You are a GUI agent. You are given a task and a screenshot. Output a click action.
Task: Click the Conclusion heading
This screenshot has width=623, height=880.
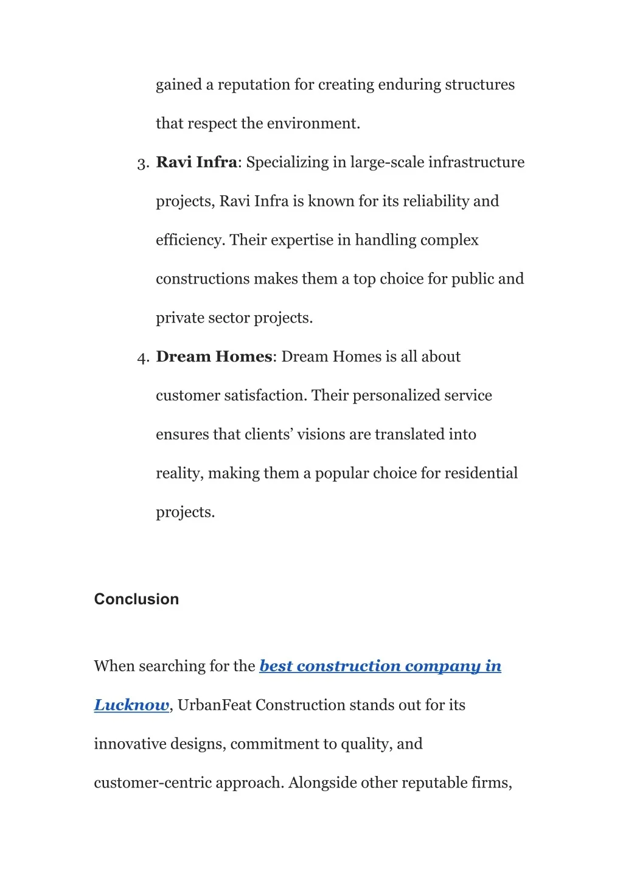tap(136, 599)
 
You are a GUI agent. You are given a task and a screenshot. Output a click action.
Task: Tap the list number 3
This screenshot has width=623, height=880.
tap(142, 164)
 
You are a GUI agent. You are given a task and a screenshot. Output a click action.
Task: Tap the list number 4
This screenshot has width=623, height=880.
tap(142, 358)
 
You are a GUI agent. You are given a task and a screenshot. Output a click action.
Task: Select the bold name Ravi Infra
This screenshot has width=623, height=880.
tap(196, 162)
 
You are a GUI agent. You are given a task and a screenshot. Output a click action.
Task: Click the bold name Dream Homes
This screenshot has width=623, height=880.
tap(214, 356)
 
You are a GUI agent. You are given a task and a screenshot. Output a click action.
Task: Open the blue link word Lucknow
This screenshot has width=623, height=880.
tap(131, 705)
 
